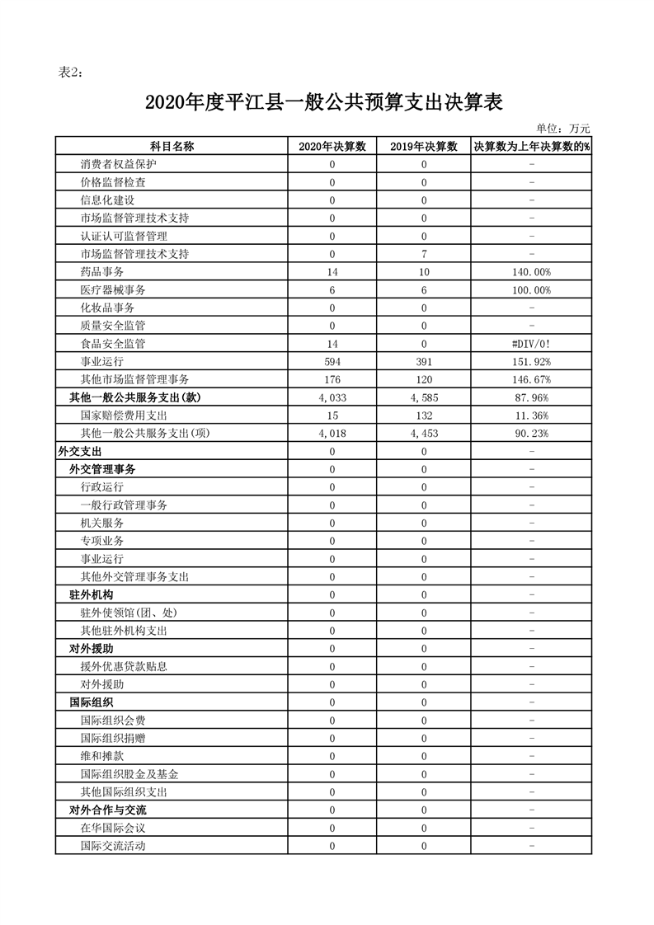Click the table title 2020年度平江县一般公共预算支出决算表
tap(324, 103)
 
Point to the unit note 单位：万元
tap(562, 129)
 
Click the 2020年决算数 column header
tap(332, 146)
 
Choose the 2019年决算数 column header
tap(424, 146)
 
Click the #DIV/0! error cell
tap(531, 344)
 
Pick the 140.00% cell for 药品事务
tap(531, 272)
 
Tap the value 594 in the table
tap(332, 362)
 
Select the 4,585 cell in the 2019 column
tap(424, 397)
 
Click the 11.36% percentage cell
tap(531, 416)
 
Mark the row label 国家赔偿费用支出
tap(124, 416)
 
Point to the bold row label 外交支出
tap(79, 452)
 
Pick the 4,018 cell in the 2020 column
tap(332, 434)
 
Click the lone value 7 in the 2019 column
tap(424, 254)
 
